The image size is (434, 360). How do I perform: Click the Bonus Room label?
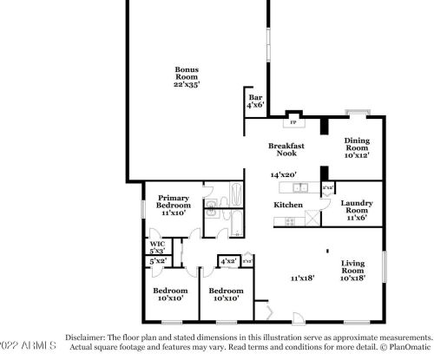(187, 78)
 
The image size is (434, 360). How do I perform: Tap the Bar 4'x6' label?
(256, 101)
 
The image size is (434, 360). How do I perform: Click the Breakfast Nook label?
(286, 150)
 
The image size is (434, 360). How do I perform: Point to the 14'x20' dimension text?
(284, 174)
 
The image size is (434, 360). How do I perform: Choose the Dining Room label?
(357, 149)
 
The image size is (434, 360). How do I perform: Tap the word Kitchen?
(288, 205)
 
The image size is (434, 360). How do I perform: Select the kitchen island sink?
(295, 187)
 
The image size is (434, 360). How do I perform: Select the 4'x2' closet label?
(229, 260)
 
